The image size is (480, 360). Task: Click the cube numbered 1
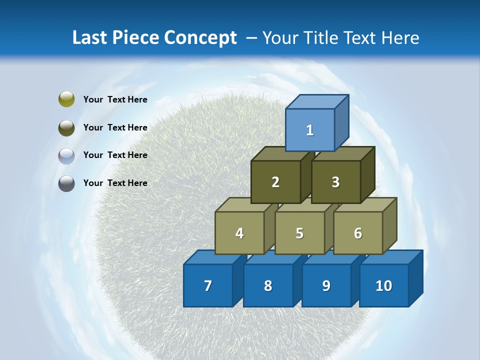(310, 130)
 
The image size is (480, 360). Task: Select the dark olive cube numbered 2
(275, 182)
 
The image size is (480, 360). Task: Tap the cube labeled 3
(335, 182)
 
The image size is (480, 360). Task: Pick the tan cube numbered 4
(239, 233)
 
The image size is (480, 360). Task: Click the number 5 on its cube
(299, 233)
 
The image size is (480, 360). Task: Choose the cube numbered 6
(358, 233)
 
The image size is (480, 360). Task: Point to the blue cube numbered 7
(208, 285)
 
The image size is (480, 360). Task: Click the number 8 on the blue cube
(268, 285)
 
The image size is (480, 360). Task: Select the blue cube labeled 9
(326, 285)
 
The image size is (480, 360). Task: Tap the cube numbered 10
(384, 285)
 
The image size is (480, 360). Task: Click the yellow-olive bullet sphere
(66, 99)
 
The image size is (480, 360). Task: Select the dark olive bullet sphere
(66, 127)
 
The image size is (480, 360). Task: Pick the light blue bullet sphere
(66, 155)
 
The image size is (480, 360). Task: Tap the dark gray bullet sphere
(66, 183)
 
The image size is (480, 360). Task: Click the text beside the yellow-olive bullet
(115, 99)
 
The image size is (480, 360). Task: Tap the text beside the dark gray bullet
(115, 183)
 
